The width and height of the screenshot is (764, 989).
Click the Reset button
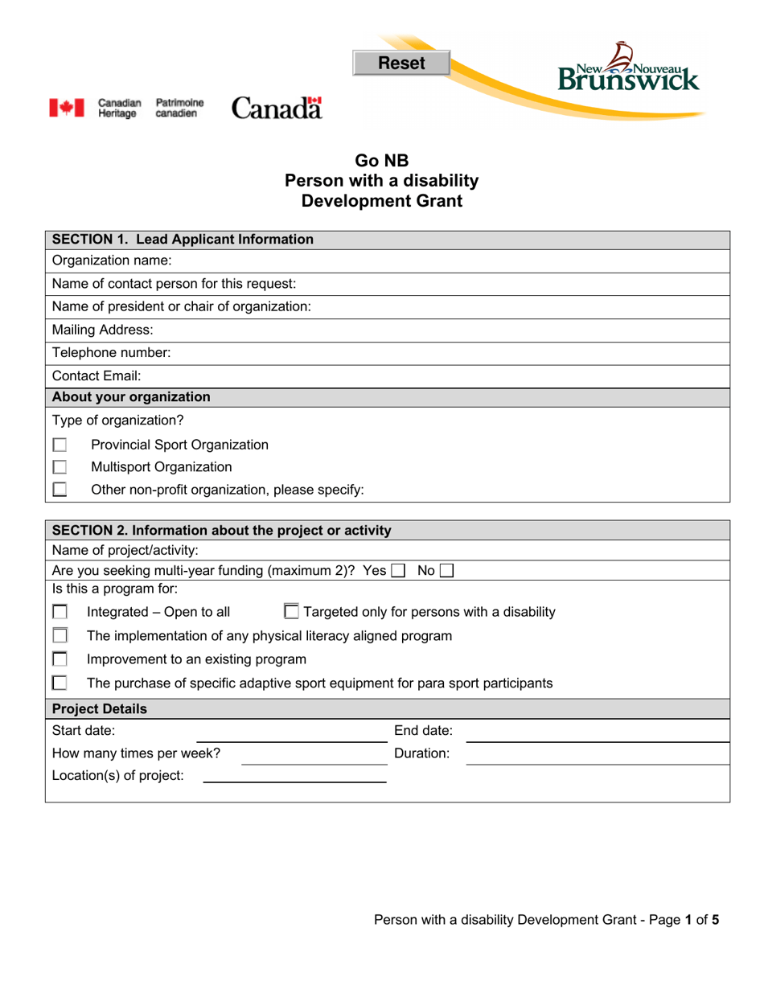click(x=401, y=63)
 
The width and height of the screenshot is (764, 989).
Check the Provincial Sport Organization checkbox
click(x=60, y=445)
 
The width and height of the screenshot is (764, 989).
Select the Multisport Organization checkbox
click(x=60, y=467)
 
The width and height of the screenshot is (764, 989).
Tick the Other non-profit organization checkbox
click(x=60, y=489)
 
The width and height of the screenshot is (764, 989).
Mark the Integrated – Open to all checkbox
click(x=60, y=613)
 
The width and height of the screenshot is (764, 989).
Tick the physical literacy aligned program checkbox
click(x=60, y=636)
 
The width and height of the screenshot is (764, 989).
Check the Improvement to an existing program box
click(x=60, y=660)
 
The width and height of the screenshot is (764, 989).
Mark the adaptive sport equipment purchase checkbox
click(x=60, y=683)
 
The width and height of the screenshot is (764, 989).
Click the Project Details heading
click(x=100, y=709)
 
